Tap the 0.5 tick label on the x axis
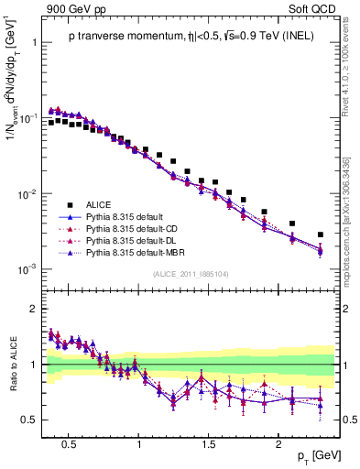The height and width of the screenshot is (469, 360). tap(68, 442)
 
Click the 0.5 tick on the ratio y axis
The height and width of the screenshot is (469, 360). tap(30, 420)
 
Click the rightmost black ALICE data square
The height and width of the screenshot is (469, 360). tap(320, 235)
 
